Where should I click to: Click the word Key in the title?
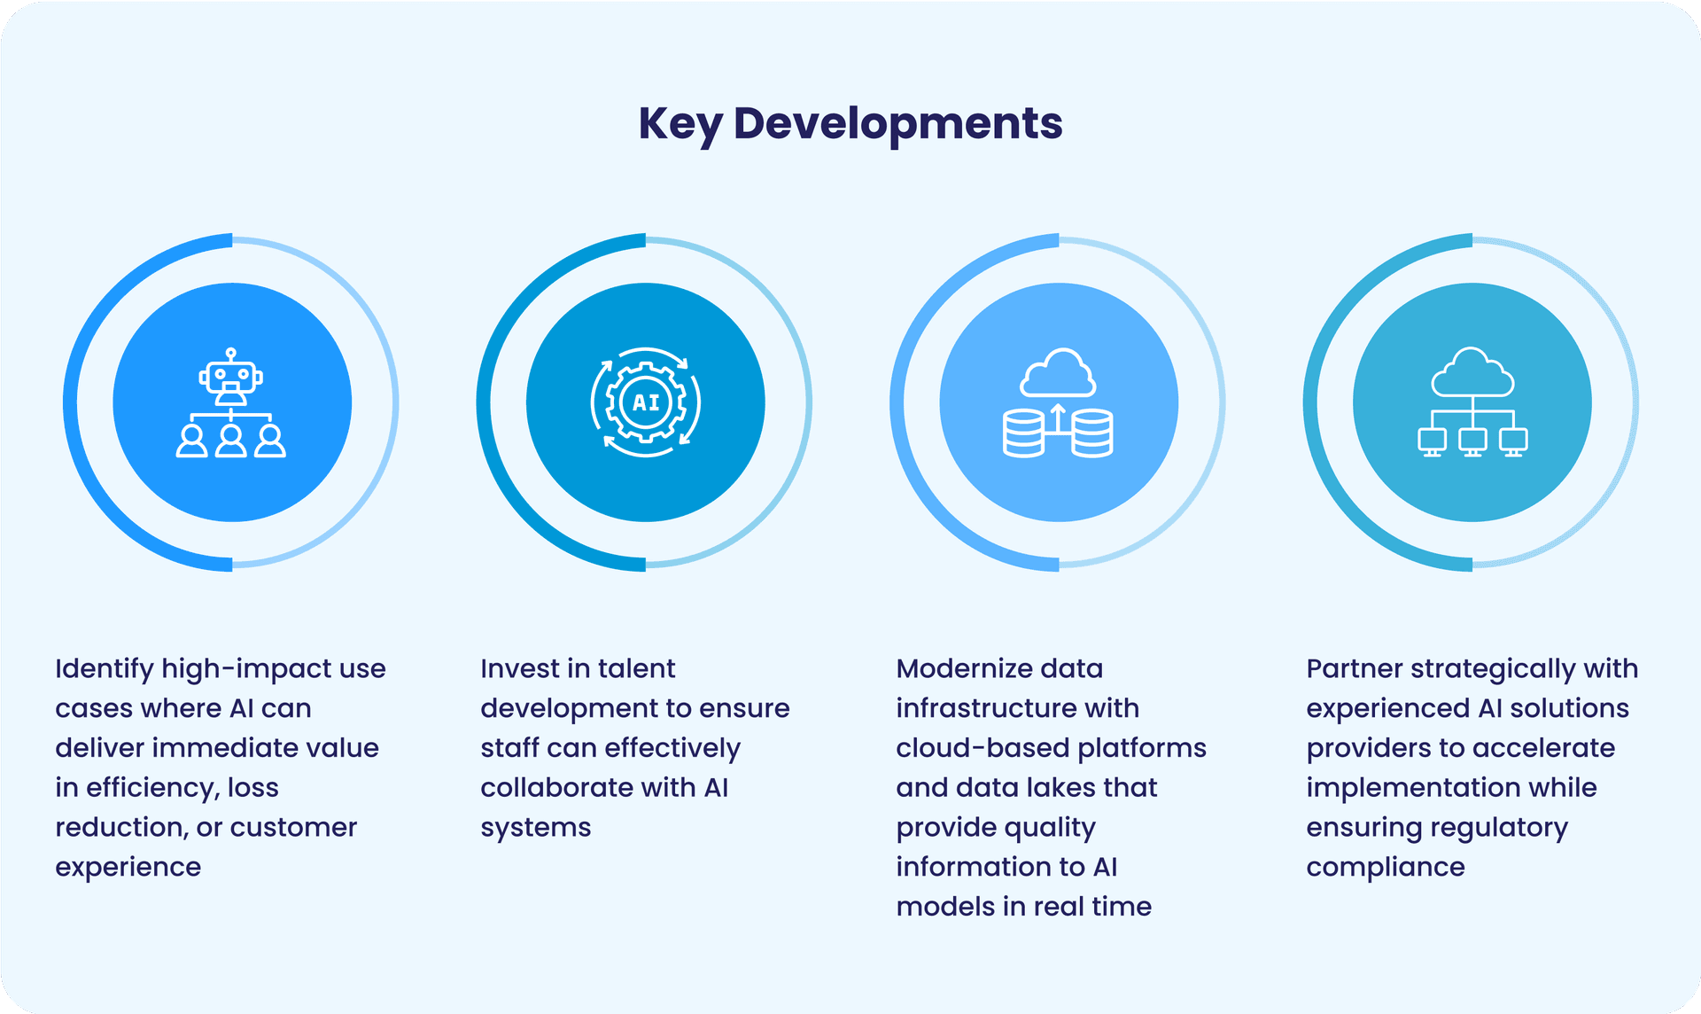(680, 125)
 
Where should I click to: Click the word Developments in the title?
(898, 125)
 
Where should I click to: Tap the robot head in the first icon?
(231, 378)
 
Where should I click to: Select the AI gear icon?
(646, 402)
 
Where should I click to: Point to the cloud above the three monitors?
(1472, 372)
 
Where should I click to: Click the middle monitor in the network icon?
(1472, 441)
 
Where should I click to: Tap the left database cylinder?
(1023, 433)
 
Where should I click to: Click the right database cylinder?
(1092, 433)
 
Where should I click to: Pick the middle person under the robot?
(231, 441)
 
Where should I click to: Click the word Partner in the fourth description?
(1354, 668)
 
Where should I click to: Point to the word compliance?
(1386, 868)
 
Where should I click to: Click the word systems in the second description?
(536, 829)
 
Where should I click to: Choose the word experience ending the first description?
(128, 868)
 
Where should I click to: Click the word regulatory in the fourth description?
(1502, 829)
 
